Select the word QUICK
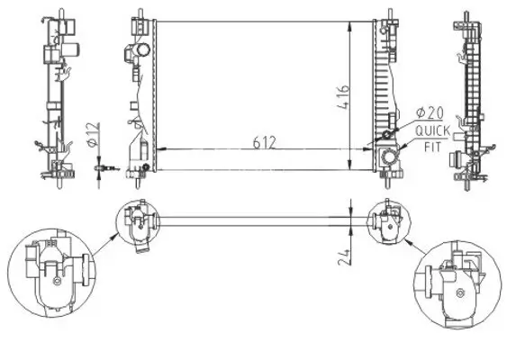[x=431, y=132]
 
